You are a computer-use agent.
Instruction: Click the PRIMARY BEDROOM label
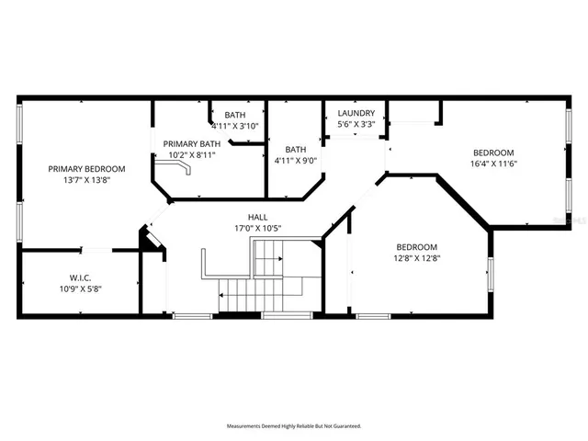(87, 169)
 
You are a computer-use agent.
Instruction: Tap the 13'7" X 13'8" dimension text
(87, 181)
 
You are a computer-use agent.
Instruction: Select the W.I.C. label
(80, 277)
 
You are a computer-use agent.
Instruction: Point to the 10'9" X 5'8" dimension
(80, 289)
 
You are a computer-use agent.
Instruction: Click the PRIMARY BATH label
(192, 144)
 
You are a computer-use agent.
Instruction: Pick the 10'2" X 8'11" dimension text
(192, 156)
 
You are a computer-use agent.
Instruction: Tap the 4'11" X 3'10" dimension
(235, 126)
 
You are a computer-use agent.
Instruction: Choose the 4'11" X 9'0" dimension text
(296, 161)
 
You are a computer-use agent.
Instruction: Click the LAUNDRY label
(356, 113)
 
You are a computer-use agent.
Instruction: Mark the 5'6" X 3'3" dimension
(356, 124)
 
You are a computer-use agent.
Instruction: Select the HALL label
(258, 217)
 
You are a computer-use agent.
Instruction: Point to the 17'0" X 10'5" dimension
(258, 229)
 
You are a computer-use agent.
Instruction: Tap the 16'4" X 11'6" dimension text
(494, 164)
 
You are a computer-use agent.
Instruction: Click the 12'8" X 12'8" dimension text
(417, 258)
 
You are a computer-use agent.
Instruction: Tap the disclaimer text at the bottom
(294, 426)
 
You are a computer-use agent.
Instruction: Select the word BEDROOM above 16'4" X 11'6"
(494, 153)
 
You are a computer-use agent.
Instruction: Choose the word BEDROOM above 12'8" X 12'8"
(417, 246)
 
